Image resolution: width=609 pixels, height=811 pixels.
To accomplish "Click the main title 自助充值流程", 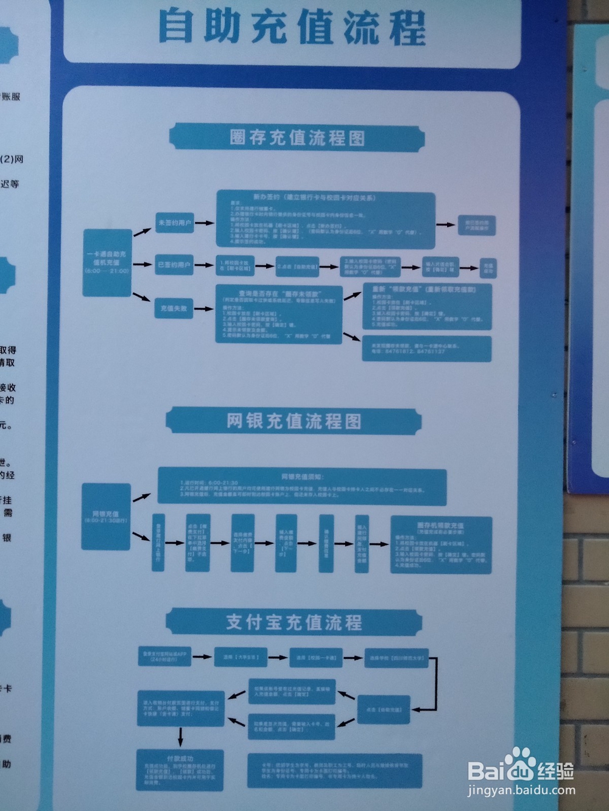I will click(x=292, y=27).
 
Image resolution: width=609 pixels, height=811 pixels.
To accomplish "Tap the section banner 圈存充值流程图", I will click(x=297, y=137).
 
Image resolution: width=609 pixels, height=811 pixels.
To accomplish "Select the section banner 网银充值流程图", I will click(x=294, y=421).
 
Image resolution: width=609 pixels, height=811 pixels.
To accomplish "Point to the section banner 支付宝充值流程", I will click(x=294, y=622).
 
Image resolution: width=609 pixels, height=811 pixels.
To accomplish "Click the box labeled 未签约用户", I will click(x=175, y=223).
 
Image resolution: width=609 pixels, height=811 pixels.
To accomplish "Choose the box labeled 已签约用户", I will click(x=174, y=265).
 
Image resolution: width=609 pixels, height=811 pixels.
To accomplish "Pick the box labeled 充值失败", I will click(x=174, y=308).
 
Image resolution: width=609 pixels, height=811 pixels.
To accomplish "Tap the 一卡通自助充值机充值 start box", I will click(x=107, y=262).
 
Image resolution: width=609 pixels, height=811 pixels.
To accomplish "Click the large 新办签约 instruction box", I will click(x=326, y=220).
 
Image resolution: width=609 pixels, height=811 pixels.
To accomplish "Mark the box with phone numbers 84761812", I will click(x=426, y=348).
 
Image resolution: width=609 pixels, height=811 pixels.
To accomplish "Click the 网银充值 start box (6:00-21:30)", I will click(x=107, y=517).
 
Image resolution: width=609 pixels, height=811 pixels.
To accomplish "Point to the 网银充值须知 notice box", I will click(x=302, y=486).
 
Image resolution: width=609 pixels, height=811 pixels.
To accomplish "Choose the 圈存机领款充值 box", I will click(x=441, y=545).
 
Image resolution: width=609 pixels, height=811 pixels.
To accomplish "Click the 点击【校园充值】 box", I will click(x=384, y=709).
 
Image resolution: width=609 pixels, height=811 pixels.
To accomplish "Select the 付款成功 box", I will click(x=180, y=770).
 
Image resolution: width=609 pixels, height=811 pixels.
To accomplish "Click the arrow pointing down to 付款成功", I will click(x=180, y=737).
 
